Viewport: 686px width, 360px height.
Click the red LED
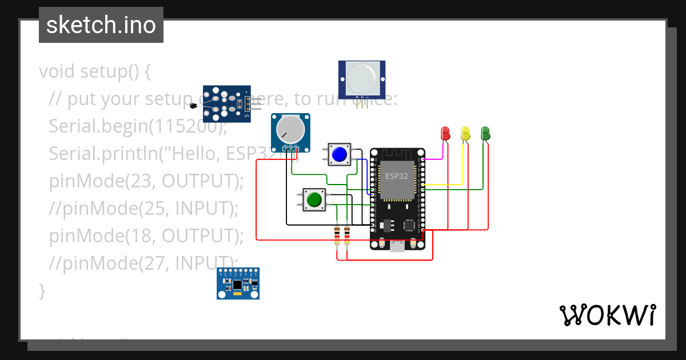click(x=445, y=133)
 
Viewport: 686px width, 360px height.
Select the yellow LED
click(x=465, y=133)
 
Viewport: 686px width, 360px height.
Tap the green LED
click(x=485, y=133)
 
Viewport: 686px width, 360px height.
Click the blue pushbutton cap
click(x=340, y=154)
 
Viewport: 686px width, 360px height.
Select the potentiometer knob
click(x=289, y=129)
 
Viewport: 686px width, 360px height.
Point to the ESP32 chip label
click(x=397, y=176)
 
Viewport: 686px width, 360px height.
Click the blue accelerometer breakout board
click(x=238, y=284)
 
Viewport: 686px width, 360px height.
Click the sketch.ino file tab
click(x=101, y=25)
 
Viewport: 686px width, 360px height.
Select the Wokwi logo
click(x=607, y=315)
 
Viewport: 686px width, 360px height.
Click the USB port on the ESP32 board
click(x=397, y=246)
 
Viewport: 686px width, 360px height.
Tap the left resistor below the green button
click(x=337, y=235)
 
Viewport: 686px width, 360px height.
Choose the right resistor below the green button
click(x=346, y=235)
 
